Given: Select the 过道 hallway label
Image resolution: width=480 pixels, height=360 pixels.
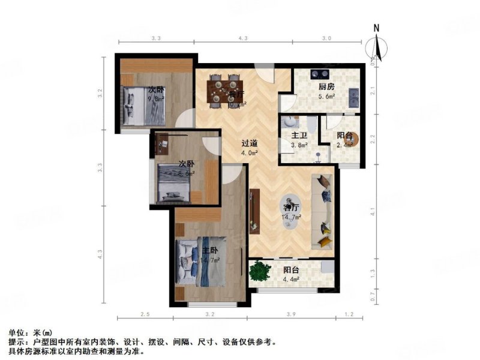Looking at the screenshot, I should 233,143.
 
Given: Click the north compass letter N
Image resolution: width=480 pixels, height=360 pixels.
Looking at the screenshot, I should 376,28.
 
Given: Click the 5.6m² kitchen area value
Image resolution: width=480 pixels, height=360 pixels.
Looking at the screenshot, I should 326,97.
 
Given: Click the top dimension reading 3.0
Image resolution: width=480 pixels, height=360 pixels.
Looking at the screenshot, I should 326,38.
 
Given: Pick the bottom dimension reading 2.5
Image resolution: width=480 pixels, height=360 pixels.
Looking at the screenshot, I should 145,314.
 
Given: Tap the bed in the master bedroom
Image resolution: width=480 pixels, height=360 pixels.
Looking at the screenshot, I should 198,264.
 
